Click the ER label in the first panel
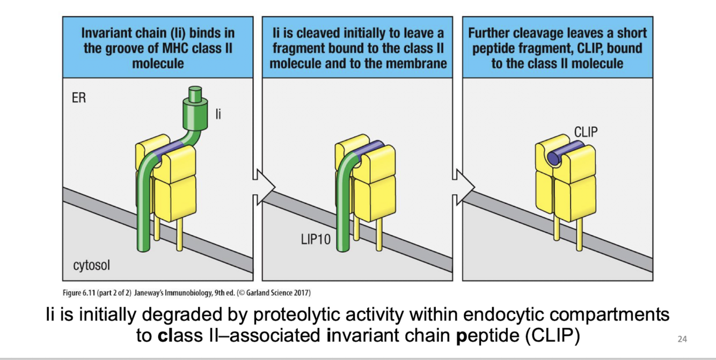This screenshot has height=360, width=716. [x=78, y=99]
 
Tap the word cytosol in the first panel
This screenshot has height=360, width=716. [x=91, y=265]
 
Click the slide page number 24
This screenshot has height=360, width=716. [x=682, y=339]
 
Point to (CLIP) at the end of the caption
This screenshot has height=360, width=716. [x=553, y=336]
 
